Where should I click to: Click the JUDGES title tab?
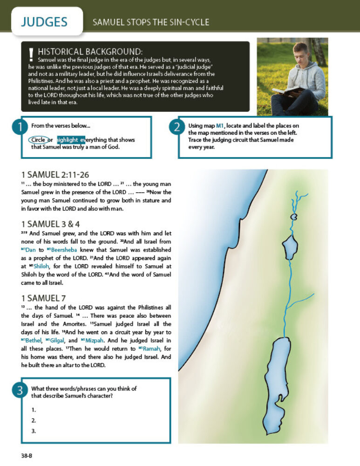point(44,22)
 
